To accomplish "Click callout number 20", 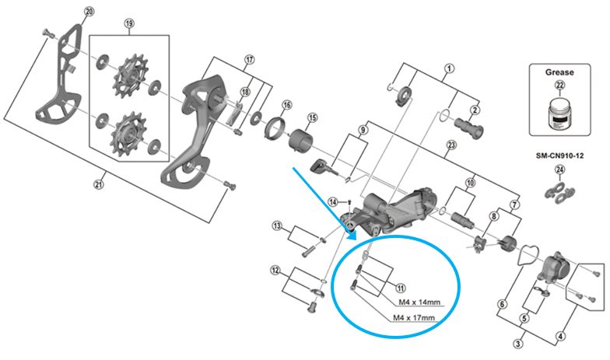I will (88, 12).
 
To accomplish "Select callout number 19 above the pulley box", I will (128, 23).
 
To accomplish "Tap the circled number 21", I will (98, 184).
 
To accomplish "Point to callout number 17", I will (249, 60).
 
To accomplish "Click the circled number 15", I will (311, 118).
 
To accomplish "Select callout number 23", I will (450, 146).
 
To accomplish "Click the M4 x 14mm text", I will (418, 302).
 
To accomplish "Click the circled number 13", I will (276, 226).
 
